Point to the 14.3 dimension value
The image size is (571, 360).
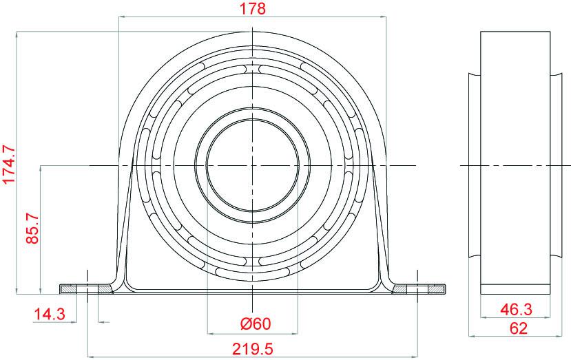49,315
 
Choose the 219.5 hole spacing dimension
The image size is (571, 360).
252,349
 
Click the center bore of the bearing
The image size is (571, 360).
253,166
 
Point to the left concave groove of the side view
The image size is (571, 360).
475,165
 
